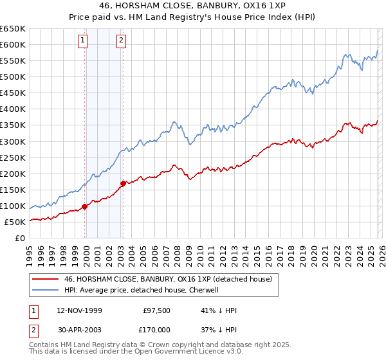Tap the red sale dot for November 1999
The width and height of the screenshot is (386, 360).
(x=84, y=206)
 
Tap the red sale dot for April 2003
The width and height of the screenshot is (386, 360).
(x=124, y=183)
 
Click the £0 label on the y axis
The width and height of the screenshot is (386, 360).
(x=21, y=238)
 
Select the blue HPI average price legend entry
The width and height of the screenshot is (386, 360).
(x=142, y=290)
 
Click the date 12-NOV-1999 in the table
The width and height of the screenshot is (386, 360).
(x=78, y=310)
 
